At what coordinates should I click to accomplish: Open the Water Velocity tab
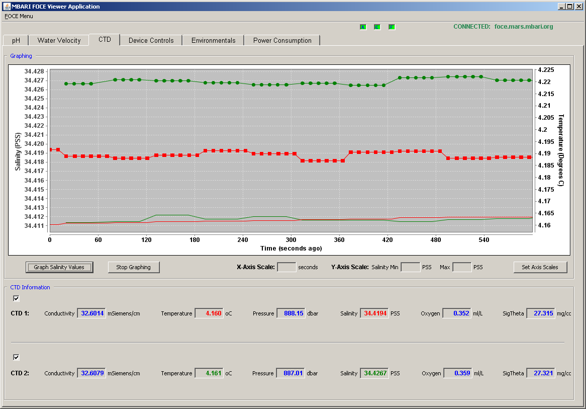pyautogui.click(x=59, y=40)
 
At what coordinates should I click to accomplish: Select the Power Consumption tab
pyautogui.click(x=282, y=40)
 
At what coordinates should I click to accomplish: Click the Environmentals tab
pyautogui.click(x=214, y=40)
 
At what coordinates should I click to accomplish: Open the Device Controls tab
pyautogui.click(x=151, y=40)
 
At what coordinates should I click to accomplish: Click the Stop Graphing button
pyautogui.click(x=133, y=267)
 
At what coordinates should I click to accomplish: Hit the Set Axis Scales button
pyautogui.click(x=540, y=267)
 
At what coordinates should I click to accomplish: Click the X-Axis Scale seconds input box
pyautogui.click(x=286, y=267)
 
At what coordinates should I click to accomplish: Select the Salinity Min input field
pyautogui.click(x=410, y=267)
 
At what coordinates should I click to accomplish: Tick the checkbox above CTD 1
pyautogui.click(x=16, y=298)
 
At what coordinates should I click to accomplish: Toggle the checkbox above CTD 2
pyautogui.click(x=16, y=357)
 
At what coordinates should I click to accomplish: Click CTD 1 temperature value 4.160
pyautogui.click(x=209, y=313)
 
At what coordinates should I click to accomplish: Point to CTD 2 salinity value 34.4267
pyautogui.click(x=374, y=373)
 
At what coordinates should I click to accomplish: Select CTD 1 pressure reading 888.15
pyautogui.click(x=291, y=313)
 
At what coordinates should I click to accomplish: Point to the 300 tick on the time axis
pyautogui.click(x=291, y=240)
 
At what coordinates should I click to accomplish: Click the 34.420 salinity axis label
pyautogui.click(x=34, y=144)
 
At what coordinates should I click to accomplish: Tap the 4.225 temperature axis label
pyautogui.click(x=546, y=70)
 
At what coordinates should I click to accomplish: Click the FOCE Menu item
pyautogui.click(x=19, y=16)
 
